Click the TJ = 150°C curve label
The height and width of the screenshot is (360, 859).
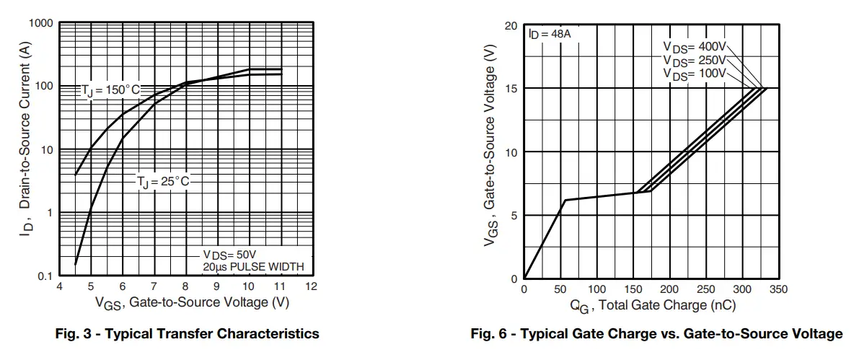[110, 91]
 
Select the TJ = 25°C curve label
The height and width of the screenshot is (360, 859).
[163, 182]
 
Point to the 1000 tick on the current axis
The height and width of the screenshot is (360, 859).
[40, 24]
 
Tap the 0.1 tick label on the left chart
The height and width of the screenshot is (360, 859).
[45, 276]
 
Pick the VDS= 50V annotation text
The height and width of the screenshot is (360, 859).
[229, 255]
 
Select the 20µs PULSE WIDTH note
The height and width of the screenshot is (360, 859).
[253, 267]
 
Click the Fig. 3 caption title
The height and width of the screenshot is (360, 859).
[188, 334]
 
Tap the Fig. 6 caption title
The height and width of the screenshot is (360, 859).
[656, 334]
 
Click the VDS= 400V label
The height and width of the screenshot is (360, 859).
[695, 47]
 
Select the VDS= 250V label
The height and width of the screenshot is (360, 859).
[695, 61]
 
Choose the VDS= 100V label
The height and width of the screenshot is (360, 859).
[695, 74]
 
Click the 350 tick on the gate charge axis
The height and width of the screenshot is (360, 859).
[777, 289]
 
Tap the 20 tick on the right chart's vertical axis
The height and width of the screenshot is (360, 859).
[511, 26]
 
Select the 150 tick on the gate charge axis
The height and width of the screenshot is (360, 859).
[633, 289]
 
